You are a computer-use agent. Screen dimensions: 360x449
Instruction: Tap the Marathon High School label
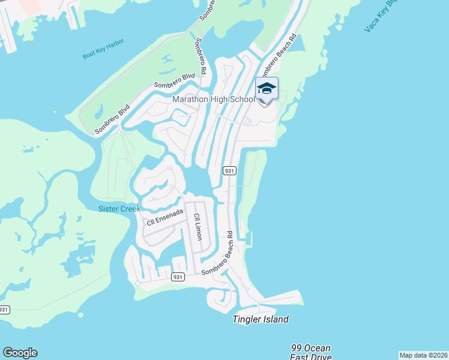point(214,100)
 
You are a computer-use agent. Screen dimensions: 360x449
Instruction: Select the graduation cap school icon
point(267,89)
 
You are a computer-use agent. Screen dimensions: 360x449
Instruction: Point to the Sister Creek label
point(119,209)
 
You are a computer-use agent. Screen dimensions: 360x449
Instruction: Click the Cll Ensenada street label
point(165,218)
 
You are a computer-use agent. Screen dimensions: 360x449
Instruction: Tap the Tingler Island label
point(261,319)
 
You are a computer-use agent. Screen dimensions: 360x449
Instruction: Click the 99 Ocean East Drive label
point(310,353)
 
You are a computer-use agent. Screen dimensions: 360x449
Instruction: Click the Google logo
point(20,353)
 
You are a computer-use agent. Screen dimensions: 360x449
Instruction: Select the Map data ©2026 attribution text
point(424,355)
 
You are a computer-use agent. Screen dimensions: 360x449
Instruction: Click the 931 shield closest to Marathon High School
point(229,170)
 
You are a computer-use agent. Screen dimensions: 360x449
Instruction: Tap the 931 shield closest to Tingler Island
point(177,277)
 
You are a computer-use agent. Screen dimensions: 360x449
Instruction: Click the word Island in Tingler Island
point(275,319)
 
